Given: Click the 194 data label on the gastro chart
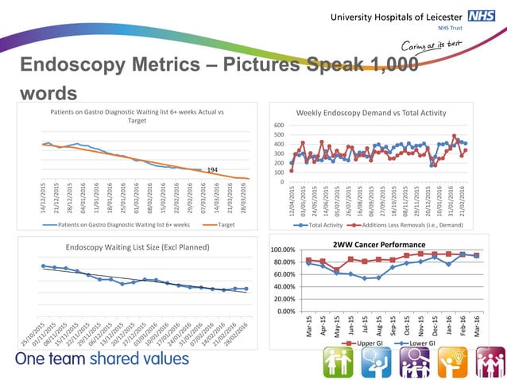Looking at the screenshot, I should coord(212,170).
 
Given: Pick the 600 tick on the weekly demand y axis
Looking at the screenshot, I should coord(279,126).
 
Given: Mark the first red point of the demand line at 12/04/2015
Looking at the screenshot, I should coord(292,170).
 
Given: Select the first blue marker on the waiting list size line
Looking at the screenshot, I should coord(43,266).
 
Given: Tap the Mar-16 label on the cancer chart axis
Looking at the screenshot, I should coord(477,326).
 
